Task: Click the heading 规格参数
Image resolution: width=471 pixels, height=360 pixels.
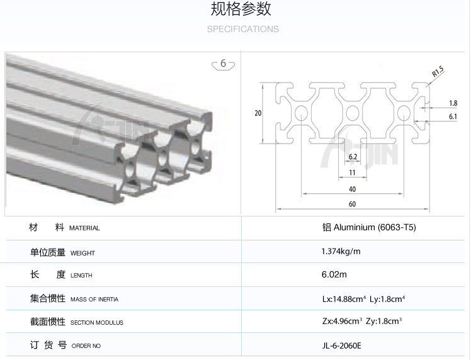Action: point(241,9)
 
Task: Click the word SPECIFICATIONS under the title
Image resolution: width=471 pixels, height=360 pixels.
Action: point(242,29)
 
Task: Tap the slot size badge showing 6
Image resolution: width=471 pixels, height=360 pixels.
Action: point(223,64)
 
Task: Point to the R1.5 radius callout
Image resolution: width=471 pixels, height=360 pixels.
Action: point(438,73)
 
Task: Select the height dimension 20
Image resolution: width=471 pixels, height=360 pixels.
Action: point(258,113)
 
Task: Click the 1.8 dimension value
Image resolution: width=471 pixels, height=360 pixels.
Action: point(453,103)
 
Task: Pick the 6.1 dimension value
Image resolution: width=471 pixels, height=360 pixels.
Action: point(453,116)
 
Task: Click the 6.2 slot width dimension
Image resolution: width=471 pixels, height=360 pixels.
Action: point(353,157)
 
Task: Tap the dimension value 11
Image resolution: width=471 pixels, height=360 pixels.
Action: point(352,172)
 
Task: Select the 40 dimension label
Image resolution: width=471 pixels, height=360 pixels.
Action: point(352,189)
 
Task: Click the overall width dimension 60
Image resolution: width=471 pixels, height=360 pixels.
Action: point(352,204)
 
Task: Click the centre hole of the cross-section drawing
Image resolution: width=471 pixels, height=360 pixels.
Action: point(353,113)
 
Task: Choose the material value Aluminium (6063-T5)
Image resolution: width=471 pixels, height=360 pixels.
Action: point(368,227)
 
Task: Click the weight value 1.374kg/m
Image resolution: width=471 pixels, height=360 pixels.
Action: point(341,251)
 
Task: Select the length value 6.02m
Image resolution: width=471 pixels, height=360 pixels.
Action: point(334,274)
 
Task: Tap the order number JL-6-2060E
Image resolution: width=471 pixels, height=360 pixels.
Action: point(341,345)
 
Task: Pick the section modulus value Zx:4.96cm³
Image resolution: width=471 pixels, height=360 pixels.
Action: point(341,322)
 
